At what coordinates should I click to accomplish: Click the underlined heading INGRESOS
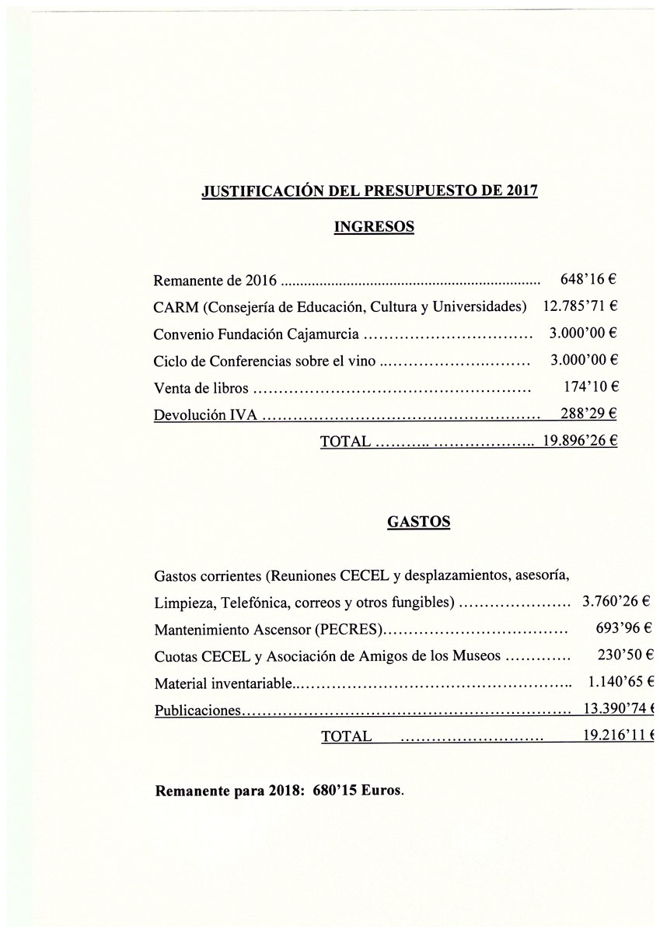373,227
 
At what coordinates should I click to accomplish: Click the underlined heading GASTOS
418,522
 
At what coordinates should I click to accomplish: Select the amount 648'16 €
588,278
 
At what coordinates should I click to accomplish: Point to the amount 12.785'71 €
579,306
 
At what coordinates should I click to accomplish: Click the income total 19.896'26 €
580,441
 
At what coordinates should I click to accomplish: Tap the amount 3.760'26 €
616,601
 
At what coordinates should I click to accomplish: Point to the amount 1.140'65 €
620,682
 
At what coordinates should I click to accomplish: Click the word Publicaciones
198,710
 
